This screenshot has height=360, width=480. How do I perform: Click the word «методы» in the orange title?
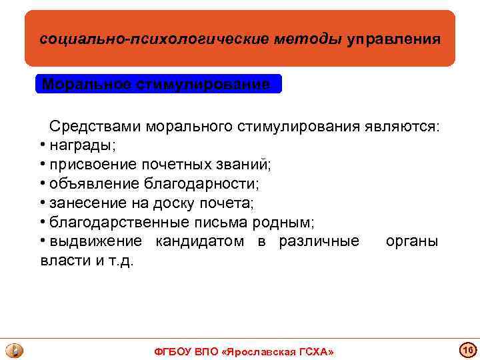[309, 39]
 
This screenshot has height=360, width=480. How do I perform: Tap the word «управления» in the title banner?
[393, 39]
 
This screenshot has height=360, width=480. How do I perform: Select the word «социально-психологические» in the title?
[155, 39]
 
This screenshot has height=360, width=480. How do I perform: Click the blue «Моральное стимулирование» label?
[157, 85]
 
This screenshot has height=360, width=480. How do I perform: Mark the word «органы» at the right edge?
[412, 241]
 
